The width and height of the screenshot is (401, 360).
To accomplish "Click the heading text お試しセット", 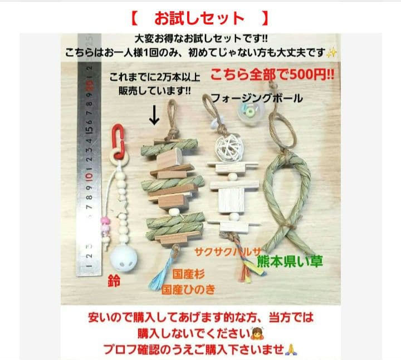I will pyautogui.click(x=199, y=18).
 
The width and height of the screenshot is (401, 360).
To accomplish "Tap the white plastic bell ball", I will pyautogui.click(x=120, y=257).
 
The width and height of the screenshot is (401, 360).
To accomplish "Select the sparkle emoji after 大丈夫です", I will pyautogui.click(x=332, y=53).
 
